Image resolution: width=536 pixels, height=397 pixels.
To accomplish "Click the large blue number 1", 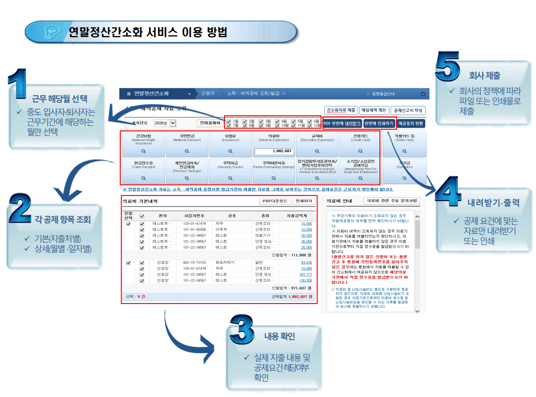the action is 19,84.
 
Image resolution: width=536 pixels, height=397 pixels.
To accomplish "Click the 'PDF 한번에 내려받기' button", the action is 342,123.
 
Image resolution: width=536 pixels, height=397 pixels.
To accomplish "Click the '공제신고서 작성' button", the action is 408,110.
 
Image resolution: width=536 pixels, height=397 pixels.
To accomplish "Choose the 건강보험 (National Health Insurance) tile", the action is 143,144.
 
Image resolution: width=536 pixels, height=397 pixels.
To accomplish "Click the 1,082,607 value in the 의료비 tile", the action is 274,151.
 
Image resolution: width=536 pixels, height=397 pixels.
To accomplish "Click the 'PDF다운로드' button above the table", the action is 274,201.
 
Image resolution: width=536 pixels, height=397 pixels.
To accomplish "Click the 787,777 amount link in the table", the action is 306,274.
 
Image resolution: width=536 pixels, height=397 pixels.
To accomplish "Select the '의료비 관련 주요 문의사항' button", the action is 392,201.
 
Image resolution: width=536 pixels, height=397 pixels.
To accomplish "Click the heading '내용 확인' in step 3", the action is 280,336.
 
